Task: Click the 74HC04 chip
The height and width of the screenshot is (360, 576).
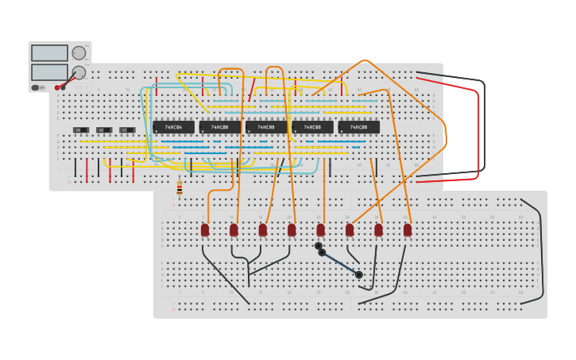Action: coord(173,127)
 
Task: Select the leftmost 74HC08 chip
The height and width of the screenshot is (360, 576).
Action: coord(220,127)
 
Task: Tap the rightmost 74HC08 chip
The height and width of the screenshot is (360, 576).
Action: coord(358,127)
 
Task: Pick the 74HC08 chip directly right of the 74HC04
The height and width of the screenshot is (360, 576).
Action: coord(220,127)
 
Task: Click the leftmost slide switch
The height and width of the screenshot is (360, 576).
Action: coord(81,130)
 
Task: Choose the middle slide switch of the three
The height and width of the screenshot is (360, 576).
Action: coord(104,130)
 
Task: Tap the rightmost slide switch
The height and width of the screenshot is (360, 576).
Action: coord(127,130)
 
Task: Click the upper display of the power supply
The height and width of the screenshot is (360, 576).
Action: coord(49,53)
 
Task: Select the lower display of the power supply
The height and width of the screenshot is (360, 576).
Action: coord(49,72)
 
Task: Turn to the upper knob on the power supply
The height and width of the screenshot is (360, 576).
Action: coord(79,53)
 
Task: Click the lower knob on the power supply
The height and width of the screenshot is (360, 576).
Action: coord(79,72)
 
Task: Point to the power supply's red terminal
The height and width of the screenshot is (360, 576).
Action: coord(57,87)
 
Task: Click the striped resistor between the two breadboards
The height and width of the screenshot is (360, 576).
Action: coord(180,188)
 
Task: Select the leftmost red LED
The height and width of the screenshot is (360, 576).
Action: coord(205,230)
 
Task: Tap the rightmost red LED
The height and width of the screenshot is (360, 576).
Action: coord(408,230)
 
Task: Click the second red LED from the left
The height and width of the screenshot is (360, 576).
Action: coord(234,230)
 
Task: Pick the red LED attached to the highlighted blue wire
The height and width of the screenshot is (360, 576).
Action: coord(320,230)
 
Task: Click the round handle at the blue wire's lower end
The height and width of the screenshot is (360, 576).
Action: coord(359,275)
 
